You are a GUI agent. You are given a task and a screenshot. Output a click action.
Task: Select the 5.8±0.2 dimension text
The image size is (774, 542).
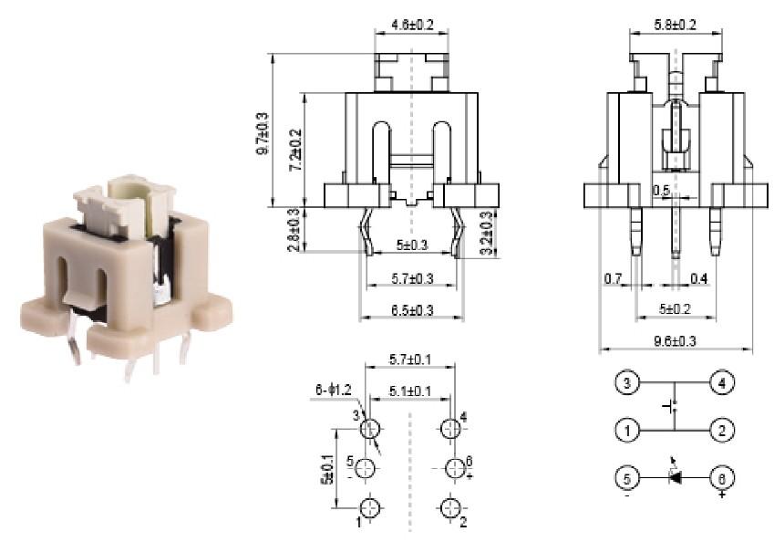(675, 25)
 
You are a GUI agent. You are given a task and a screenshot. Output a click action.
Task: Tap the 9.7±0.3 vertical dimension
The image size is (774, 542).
(263, 131)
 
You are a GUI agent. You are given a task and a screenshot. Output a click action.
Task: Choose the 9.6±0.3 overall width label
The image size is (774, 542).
(676, 341)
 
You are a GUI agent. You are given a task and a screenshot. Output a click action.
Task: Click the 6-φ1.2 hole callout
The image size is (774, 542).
(333, 391)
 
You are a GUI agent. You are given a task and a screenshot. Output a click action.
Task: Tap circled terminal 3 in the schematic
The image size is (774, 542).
(626, 382)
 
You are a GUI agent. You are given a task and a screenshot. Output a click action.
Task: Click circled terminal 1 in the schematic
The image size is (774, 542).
(626, 429)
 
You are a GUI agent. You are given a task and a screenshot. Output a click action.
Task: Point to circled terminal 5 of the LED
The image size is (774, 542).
(626, 476)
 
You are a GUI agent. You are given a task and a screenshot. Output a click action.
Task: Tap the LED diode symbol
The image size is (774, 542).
(675, 476)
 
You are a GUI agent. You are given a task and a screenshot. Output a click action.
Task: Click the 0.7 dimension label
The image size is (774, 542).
(613, 276)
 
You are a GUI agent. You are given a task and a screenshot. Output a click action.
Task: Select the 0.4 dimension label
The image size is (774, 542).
(699, 276)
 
